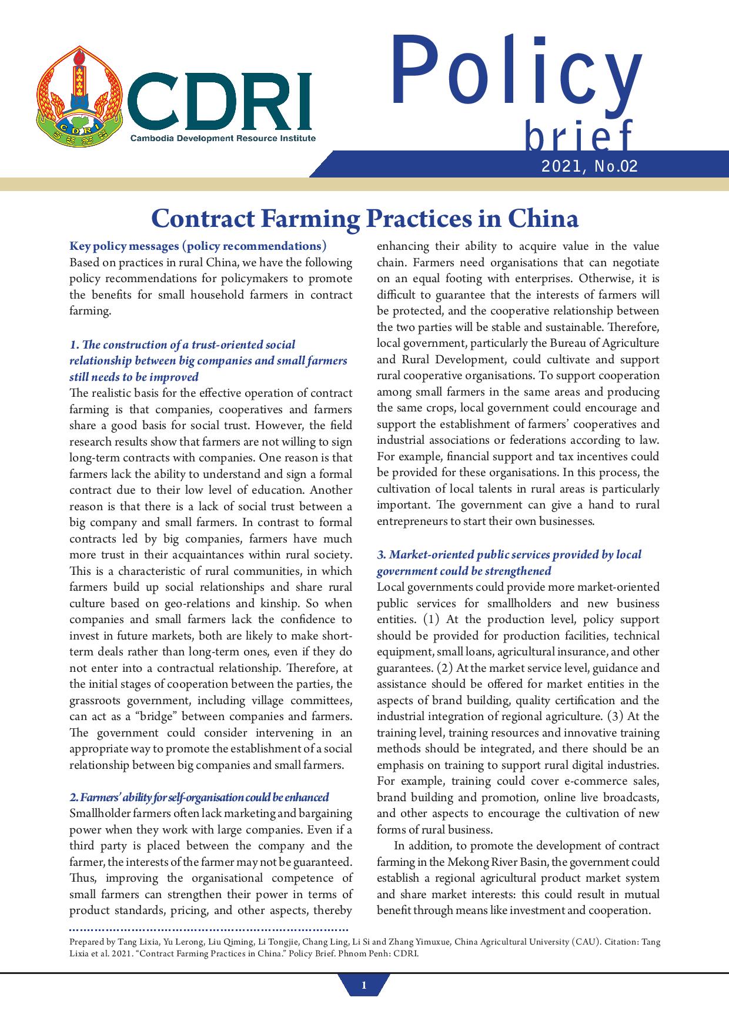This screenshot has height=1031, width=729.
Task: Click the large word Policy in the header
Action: [516, 74]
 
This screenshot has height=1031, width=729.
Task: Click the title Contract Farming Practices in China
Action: [364, 218]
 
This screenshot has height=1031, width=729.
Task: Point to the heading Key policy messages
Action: [198, 246]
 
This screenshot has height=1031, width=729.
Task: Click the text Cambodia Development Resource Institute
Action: [223, 138]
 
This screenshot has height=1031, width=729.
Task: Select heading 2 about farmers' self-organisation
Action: [199, 797]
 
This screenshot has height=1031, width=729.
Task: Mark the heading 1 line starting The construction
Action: [182, 344]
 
